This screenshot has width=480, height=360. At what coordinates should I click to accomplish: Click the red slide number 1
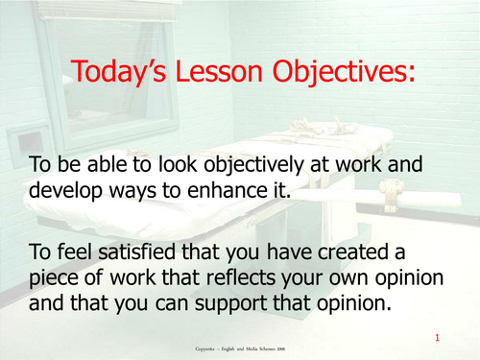[x=437, y=338]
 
